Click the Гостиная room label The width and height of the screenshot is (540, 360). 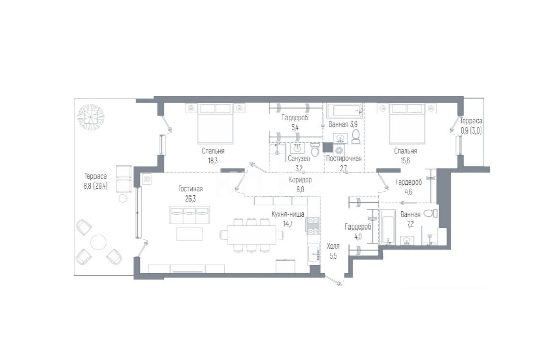(190, 189)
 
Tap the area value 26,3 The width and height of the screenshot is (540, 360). (190, 199)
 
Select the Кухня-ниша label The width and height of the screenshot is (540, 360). (288, 214)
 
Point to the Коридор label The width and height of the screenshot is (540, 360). (300, 180)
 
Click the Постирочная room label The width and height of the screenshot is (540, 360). (344, 158)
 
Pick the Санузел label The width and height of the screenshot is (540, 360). (299, 158)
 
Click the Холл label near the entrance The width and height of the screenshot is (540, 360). (333, 246)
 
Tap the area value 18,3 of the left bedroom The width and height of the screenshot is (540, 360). (213, 161)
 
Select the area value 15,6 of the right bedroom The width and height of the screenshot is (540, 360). (405, 161)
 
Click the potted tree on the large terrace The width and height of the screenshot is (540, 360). (90, 117)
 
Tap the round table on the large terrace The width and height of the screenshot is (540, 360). (98, 242)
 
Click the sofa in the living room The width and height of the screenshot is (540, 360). (189, 215)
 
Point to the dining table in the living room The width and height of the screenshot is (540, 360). (252, 235)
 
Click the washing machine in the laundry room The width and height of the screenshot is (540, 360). (339, 150)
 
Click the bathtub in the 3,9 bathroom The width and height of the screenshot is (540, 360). (344, 111)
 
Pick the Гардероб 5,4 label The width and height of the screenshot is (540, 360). (295, 123)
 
